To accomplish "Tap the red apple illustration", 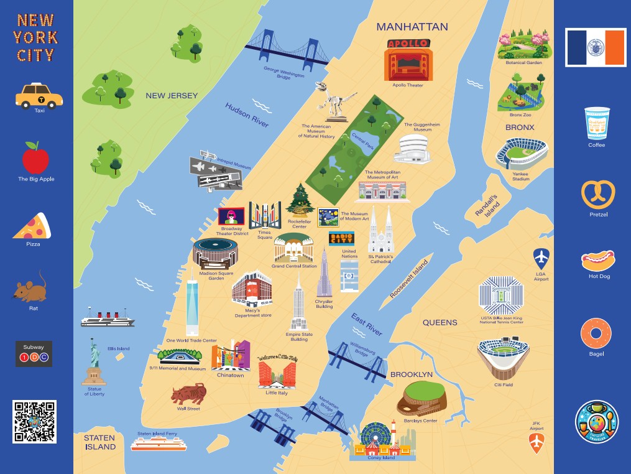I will (35, 158).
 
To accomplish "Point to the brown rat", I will (32, 288).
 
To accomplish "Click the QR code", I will (34, 422).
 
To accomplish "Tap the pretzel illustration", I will (597, 195).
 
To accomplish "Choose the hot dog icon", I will (598, 260).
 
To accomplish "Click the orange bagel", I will (596, 333).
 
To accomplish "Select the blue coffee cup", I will (597, 123).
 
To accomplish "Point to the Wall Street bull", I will (188, 394).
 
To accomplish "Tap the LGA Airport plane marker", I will (541, 258).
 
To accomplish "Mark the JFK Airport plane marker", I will (536, 444).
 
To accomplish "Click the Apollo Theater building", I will (408, 60).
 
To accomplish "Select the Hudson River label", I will (247, 115).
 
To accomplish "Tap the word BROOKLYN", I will (411, 374).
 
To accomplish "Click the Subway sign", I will (34, 353).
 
